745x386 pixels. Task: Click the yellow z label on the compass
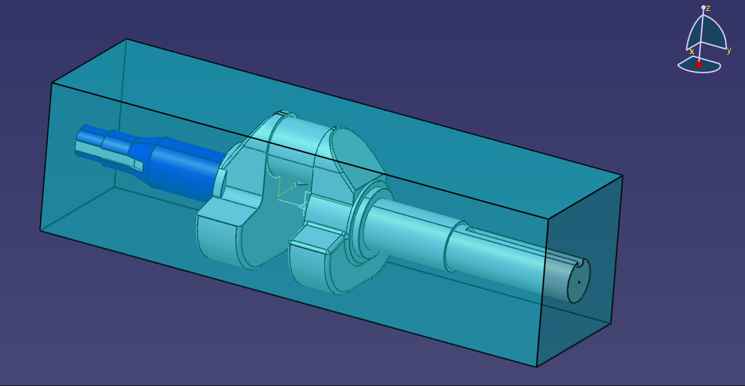(708, 8)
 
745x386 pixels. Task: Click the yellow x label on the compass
(692, 51)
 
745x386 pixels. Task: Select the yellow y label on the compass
(729, 51)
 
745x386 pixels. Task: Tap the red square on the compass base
(699, 64)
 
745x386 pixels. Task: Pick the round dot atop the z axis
(703, 8)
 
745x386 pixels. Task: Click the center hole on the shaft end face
(579, 281)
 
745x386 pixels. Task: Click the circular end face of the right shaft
(578, 281)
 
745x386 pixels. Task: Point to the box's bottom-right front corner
(537, 367)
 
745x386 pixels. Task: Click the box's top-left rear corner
(127, 39)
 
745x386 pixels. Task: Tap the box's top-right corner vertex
(622, 176)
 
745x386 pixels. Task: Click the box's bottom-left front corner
(41, 230)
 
